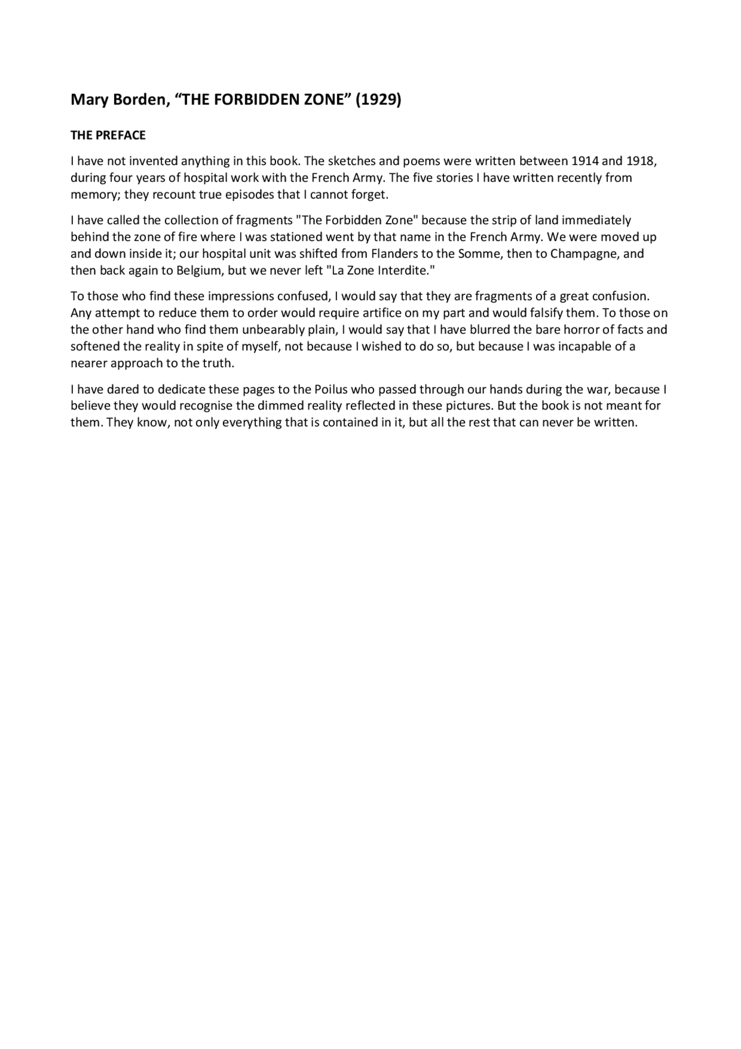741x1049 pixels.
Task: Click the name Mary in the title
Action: (x=86, y=100)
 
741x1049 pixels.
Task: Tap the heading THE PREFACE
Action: (x=108, y=136)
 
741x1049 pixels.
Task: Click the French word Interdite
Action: (x=405, y=271)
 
